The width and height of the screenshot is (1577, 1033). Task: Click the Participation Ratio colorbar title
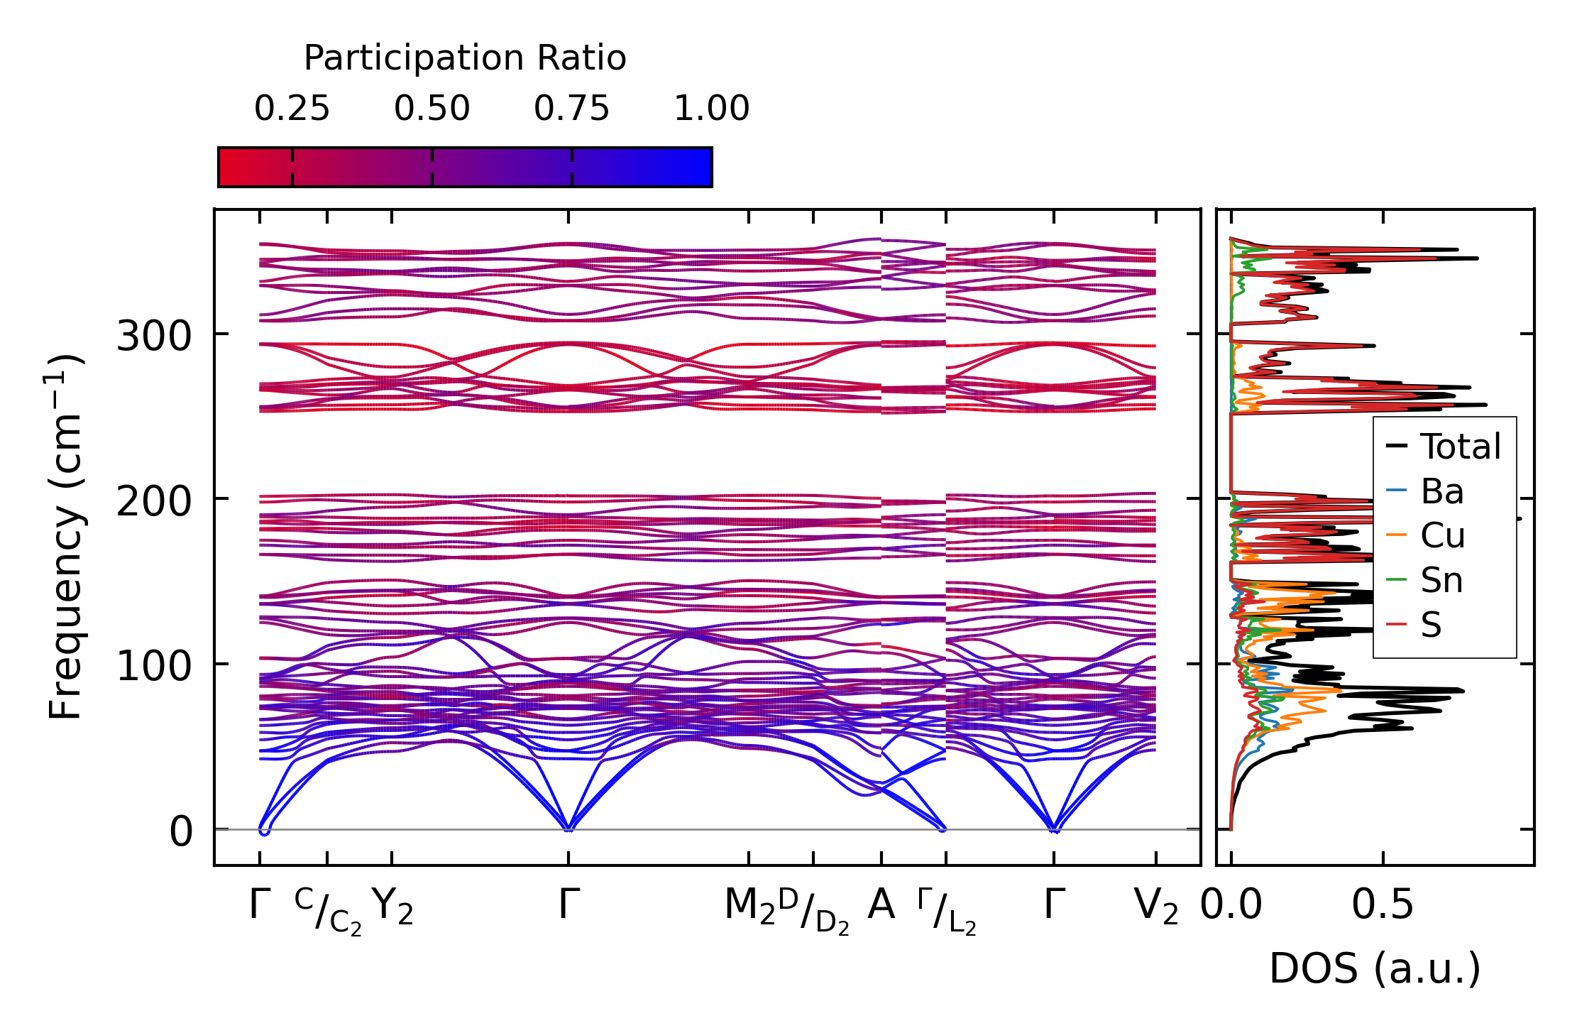click(465, 58)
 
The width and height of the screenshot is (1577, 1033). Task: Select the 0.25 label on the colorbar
click(292, 109)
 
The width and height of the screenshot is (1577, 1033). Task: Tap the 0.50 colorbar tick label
click(432, 109)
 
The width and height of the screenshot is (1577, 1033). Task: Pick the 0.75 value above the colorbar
click(571, 109)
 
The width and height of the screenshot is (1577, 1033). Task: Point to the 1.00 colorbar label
click(711, 109)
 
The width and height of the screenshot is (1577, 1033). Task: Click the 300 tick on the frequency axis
click(154, 335)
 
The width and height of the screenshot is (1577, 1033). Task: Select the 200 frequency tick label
click(154, 501)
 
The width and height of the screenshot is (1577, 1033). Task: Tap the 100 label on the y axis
click(154, 666)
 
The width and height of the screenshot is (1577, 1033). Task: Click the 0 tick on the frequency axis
click(180, 831)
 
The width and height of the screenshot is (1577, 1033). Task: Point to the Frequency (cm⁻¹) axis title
click(65, 537)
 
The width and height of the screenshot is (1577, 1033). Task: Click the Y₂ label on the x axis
click(392, 907)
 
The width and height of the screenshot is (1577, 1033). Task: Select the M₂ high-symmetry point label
click(749, 907)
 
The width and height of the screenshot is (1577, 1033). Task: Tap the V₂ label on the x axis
click(1156, 907)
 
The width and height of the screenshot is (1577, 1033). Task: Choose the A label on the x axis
click(881, 905)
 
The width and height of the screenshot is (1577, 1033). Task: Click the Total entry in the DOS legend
click(1460, 447)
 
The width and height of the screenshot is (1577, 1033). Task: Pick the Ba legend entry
click(1441, 492)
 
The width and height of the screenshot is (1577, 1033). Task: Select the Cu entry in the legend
click(1442, 536)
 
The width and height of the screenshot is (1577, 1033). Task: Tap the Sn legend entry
click(1441, 581)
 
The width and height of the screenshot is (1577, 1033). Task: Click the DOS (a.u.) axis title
click(1375, 968)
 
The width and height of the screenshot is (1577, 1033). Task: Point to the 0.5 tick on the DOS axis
click(1382, 905)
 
